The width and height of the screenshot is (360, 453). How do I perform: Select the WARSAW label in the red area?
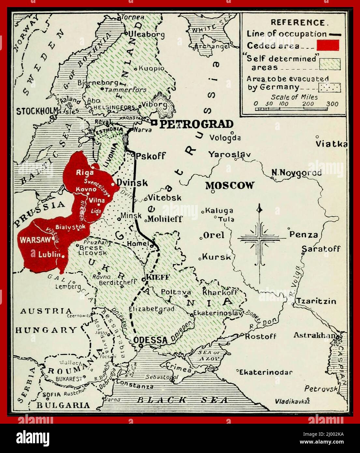click(x=36, y=240)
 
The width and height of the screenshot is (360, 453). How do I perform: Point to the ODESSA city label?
click(x=150, y=340)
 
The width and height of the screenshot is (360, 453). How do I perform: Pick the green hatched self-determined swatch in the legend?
click(x=329, y=64)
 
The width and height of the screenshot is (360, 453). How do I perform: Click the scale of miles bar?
click(x=292, y=109)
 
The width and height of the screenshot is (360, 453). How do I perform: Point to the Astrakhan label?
click(x=314, y=335)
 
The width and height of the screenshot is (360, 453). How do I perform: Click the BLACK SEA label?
click(x=182, y=400)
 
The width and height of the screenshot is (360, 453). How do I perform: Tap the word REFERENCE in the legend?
click(x=298, y=22)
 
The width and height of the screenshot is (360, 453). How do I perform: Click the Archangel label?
click(x=212, y=47)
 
